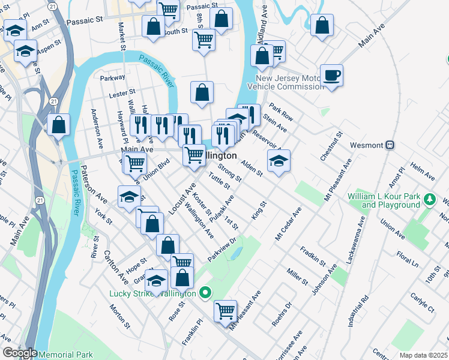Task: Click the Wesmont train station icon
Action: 390,145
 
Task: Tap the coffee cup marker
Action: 331,76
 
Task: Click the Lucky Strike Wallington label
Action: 152,293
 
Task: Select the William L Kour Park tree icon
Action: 429,198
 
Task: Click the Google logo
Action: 19,353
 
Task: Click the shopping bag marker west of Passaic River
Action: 59,125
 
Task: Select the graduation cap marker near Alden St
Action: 279,161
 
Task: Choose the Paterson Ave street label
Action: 94,183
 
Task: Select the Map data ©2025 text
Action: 423,355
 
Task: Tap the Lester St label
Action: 122,94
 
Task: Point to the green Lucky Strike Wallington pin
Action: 205,293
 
